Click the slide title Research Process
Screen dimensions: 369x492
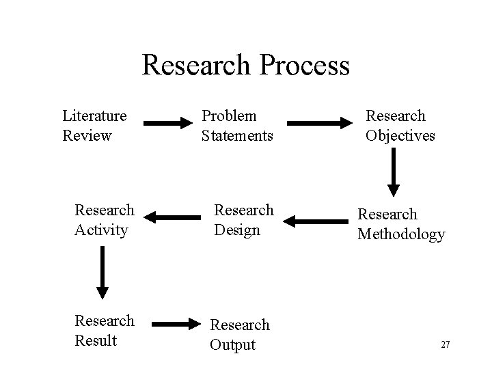tap(245, 66)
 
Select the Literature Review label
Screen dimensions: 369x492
tap(94, 126)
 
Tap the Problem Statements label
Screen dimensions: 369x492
tap(237, 126)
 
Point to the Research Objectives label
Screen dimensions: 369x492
tap(400, 126)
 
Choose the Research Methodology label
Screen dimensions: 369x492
tap(401, 223)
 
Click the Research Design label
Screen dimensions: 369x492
tap(244, 219)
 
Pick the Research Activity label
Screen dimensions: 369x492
tap(105, 219)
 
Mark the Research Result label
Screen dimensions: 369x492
tap(105, 330)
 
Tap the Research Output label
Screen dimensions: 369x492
tap(239, 335)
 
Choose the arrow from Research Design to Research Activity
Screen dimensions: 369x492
tap(170, 218)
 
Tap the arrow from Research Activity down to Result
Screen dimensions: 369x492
tap(102, 272)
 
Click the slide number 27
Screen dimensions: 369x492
tap(446, 344)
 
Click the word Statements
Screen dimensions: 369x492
tap(237, 135)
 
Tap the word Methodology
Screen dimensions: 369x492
tap(401, 234)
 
